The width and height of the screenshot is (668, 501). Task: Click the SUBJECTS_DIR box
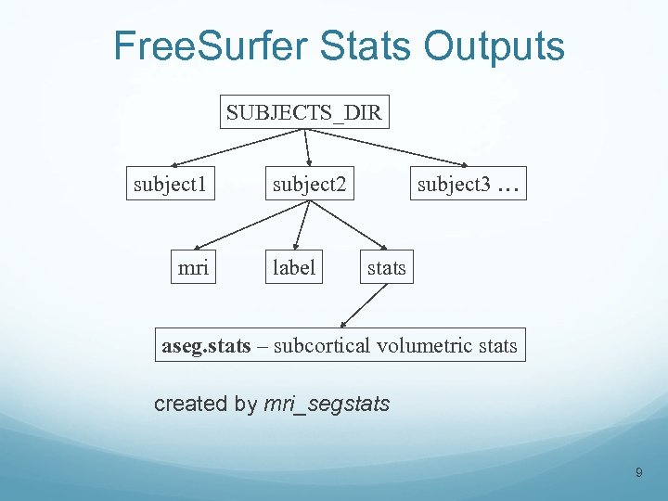tap(305, 113)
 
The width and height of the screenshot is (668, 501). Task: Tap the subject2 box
tap(308, 185)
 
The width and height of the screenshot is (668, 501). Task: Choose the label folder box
tap(294, 268)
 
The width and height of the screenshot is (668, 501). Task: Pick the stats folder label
tap(387, 268)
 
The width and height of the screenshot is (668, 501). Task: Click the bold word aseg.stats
tap(206, 346)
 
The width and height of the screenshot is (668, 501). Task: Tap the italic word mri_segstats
tap(327, 404)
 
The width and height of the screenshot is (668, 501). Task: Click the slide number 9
tap(638, 474)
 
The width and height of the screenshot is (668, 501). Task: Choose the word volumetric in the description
tap(425, 346)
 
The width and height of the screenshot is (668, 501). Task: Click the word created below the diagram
tap(190, 404)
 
